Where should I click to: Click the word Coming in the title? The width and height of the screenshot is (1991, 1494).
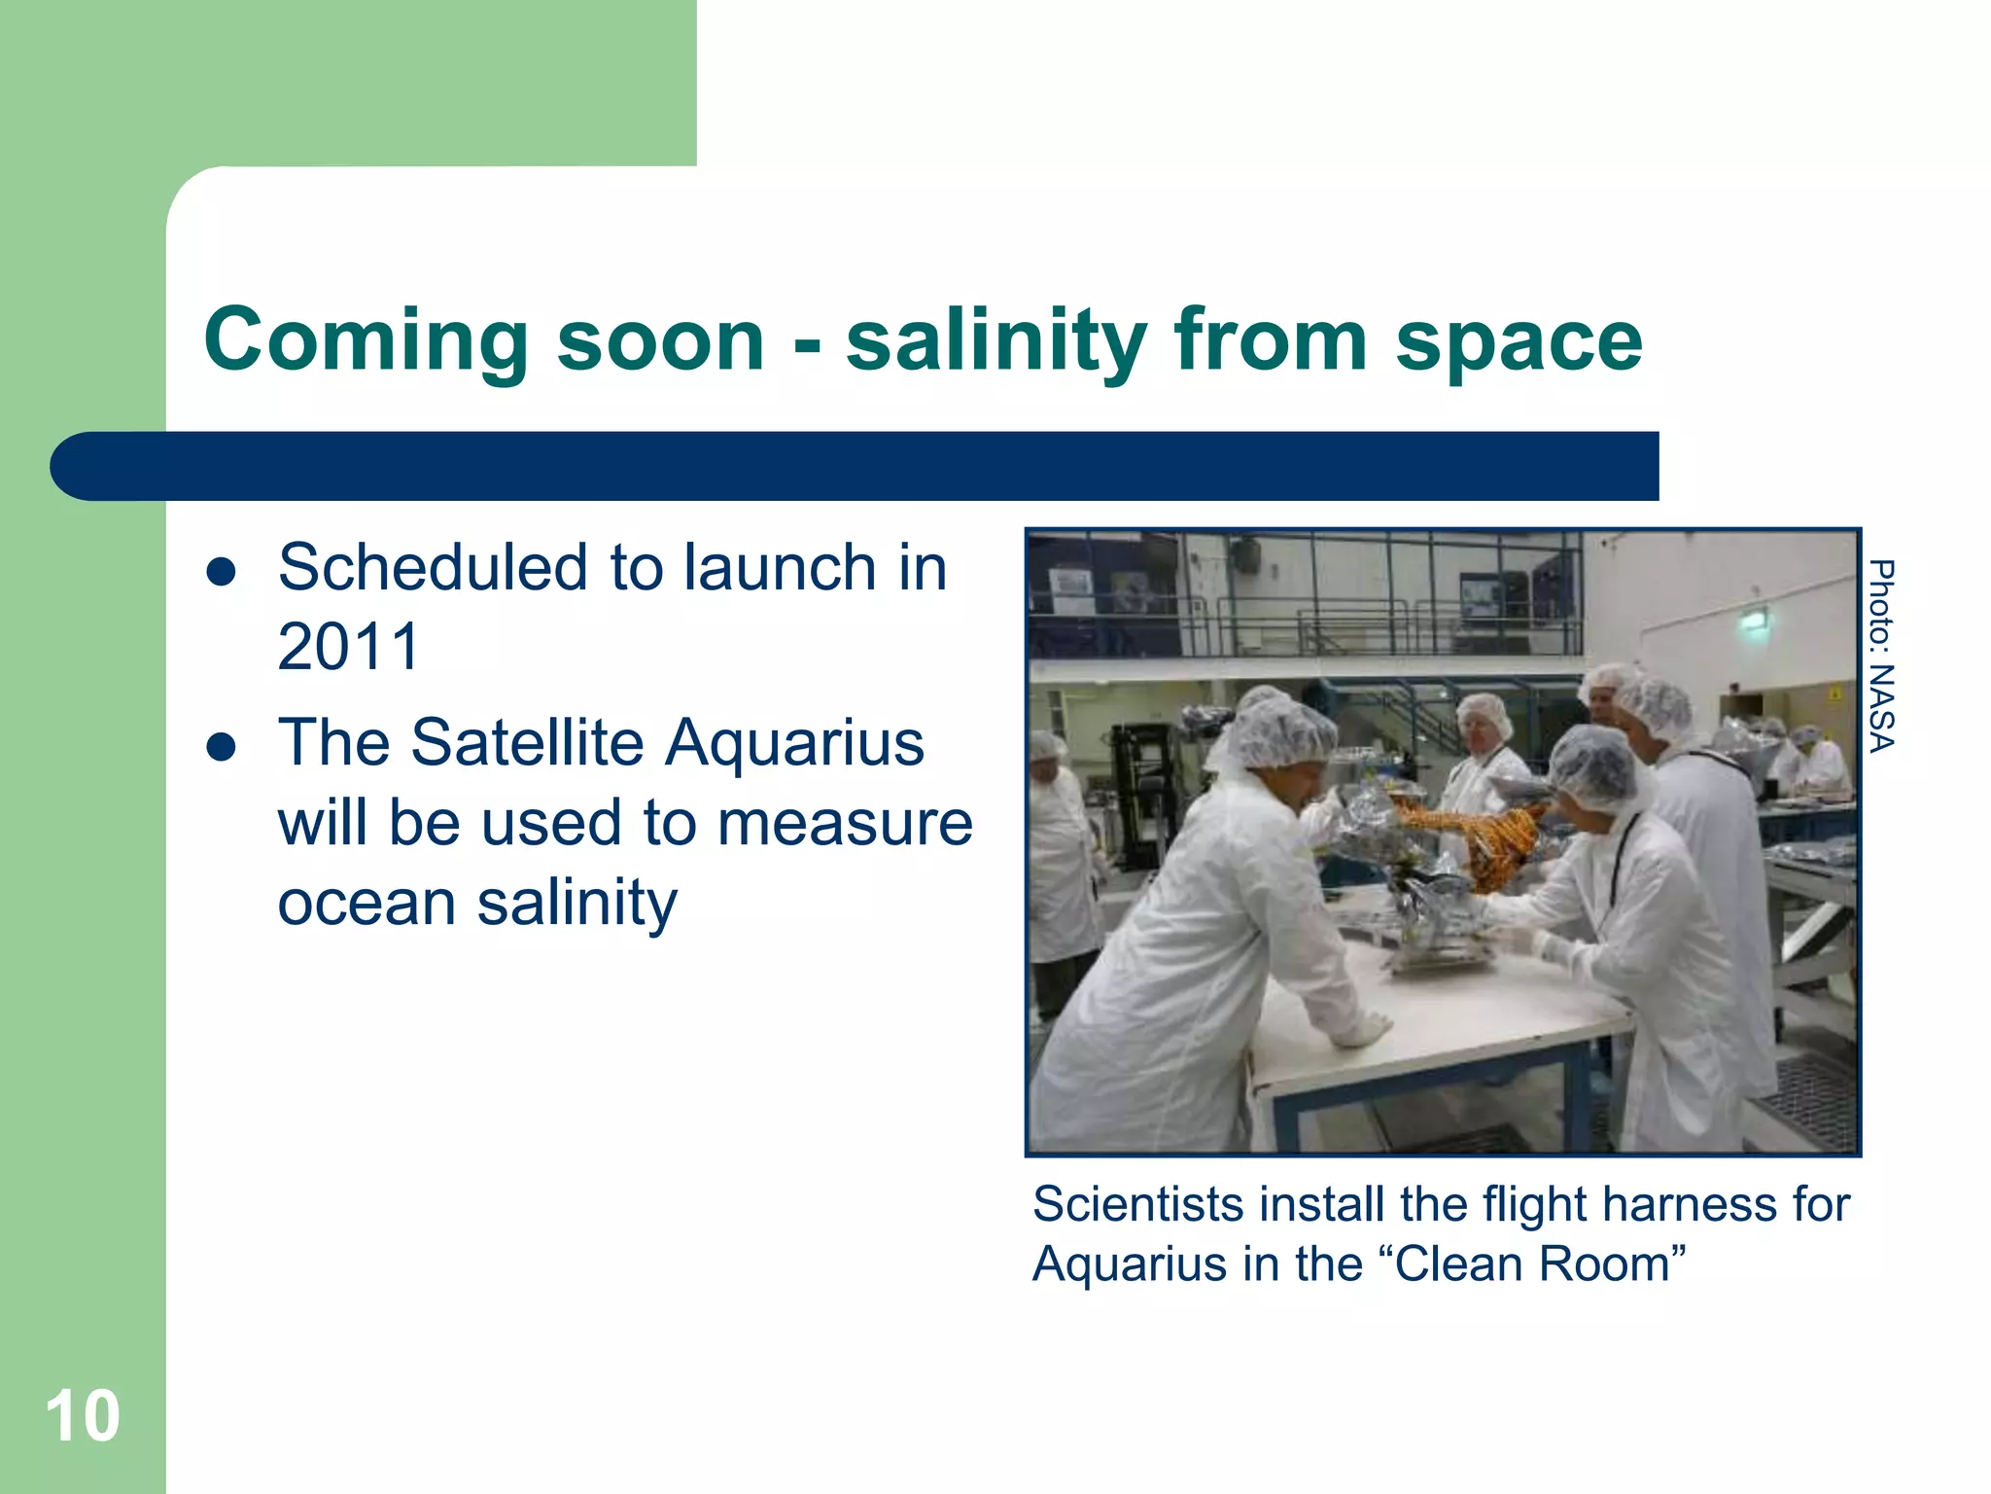(x=366, y=339)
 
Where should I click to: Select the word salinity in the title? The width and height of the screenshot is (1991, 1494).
(x=997, y=339)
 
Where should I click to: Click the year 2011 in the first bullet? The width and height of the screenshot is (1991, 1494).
(x=348, y=647)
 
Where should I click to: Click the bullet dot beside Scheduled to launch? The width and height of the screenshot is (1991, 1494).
(x=222, y=572)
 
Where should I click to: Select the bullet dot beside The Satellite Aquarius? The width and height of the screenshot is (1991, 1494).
(x=222, y=747)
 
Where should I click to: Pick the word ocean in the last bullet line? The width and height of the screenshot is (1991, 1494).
(x=366, y=903)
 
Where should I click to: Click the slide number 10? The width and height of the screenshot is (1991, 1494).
(x=83, y=1416)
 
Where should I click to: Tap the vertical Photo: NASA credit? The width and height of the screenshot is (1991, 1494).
(x=1882, y=656)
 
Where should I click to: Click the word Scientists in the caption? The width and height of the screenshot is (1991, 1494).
(x=1137, y=1204)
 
